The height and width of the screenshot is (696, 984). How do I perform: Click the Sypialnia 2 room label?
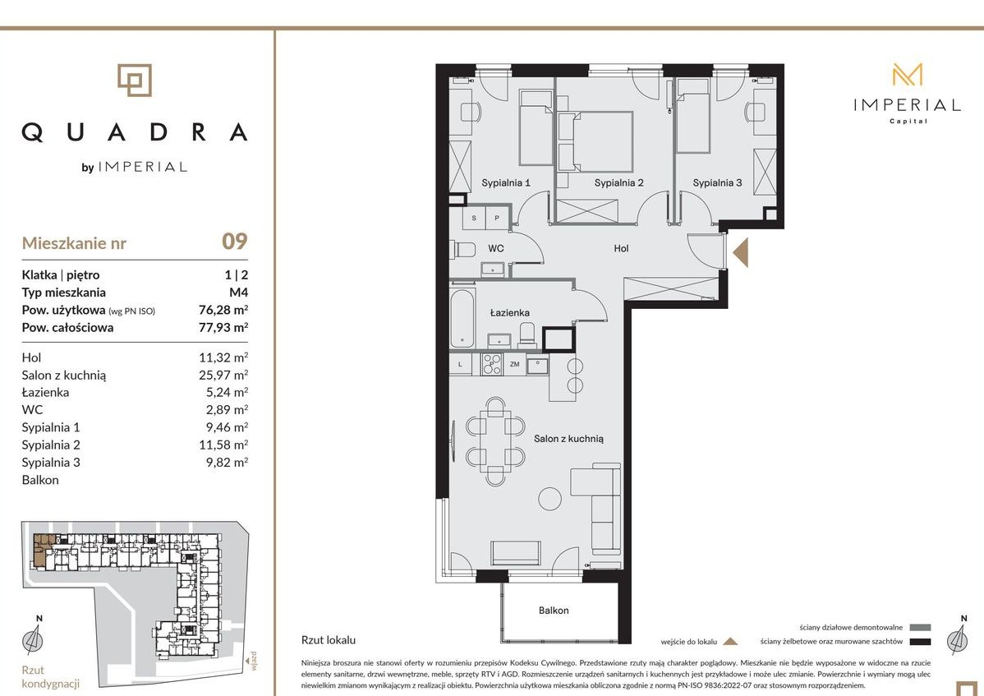click(618, 182)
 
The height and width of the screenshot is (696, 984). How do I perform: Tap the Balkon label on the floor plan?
click(554, 610)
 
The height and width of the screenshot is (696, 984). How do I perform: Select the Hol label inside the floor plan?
click(621, 248)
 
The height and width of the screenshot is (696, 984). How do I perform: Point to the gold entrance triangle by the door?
click(741, 252)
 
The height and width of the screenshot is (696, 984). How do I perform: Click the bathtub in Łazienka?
click(462, 317)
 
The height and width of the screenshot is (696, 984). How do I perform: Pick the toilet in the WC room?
click(464, 249)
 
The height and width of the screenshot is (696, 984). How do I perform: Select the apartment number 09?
click(235, 241)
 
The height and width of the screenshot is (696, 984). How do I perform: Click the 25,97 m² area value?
click(223, 375)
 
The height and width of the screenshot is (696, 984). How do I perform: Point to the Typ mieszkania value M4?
click(238, 293)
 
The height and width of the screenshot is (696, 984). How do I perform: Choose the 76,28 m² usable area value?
click(223, 310)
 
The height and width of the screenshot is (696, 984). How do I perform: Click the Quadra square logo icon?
click(135, 81)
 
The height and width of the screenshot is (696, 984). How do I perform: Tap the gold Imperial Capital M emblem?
click(908, 75)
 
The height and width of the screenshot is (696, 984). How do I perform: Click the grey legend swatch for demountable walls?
click(920, 627)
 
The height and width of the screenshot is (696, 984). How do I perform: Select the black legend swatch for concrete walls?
click(920, 642)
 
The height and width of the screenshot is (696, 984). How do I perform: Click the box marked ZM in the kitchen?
click(515, 364)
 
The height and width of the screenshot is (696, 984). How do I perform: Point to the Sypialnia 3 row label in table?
click(51, 463)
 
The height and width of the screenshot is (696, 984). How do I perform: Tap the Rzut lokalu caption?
click(329, 640)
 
